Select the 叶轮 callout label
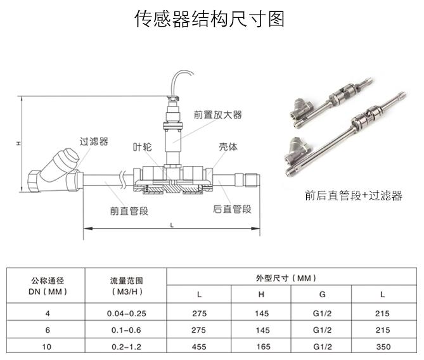tap(143, 146)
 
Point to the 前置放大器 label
tap(218, 115)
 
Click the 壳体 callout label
tap(228, 146)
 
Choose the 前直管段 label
tap(129, 210)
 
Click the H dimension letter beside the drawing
tap(19, 143)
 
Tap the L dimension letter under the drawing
tap(172, 226)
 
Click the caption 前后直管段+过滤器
tap(353, 196)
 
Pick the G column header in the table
tap(322, 295)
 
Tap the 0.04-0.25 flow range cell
tap(126, 313)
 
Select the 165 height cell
tap(262, 347)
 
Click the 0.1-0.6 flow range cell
tap(126, 330)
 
